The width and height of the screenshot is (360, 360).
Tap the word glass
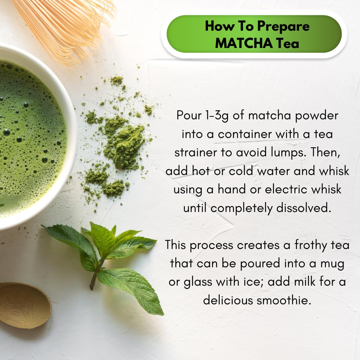pos(198,282)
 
